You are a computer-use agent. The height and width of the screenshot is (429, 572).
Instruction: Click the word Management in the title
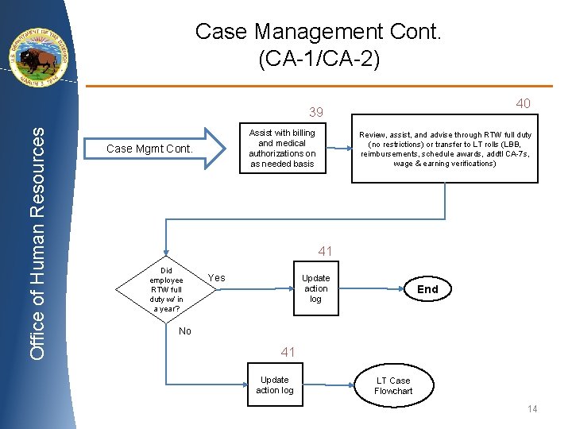coord(318,32)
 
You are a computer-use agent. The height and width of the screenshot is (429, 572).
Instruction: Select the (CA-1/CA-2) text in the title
coord(319,59)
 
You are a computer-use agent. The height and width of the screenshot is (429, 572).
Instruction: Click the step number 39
coord(316,113)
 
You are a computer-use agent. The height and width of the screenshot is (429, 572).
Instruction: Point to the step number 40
coord(523,103)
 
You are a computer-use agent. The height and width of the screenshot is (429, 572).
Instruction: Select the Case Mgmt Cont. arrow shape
coord(155,149)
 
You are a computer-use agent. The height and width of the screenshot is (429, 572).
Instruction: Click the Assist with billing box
coord(282,149)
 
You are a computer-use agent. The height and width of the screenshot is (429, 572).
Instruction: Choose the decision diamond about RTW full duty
coord(166,289)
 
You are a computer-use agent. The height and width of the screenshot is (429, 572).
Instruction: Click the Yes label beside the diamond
coord(216,278)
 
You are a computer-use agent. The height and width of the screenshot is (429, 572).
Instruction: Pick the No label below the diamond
coord(184,331)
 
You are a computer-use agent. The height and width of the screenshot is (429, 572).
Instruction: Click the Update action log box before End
coord(315,289)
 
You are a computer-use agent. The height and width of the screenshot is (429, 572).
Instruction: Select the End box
coord(427,289)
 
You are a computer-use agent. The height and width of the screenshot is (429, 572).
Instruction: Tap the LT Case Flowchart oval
coord(393,385)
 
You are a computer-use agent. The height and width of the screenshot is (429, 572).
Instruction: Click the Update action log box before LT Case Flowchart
coord(275,385)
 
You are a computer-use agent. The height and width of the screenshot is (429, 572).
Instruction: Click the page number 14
coord(532,409)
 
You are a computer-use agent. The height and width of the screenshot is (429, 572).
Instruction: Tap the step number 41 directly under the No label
coord(288,352)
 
